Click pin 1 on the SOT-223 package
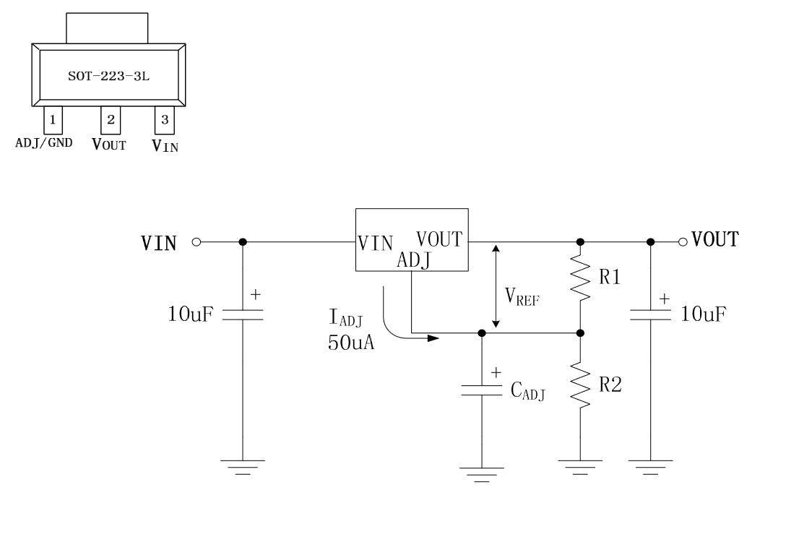(x=53, y=120)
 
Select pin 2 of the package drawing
(x=111, y=120)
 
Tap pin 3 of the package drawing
(x=165, y=120)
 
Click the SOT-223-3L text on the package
(x=108, y=76)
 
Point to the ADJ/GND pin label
(x=44, y=143)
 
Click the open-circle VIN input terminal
(x=196, y=241)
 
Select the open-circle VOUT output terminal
(x=683, y=241)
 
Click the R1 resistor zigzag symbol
(x=580, y=278)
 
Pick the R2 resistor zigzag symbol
(x=580, y=385)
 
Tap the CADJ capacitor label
(x=528, y=392)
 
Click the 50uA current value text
(x=351, y=343)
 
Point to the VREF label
(x=522, y=297)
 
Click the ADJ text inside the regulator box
(x=414, y=260)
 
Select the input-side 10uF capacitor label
(x=191, y=314)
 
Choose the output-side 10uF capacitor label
(x=703, y=314)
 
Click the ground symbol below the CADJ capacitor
(x=482, y=474)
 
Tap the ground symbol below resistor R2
(x=580, y=467)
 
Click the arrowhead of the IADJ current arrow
(x=433, y=338)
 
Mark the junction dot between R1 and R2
(x=580, y=333)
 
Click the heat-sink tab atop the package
(x=107, y=28)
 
